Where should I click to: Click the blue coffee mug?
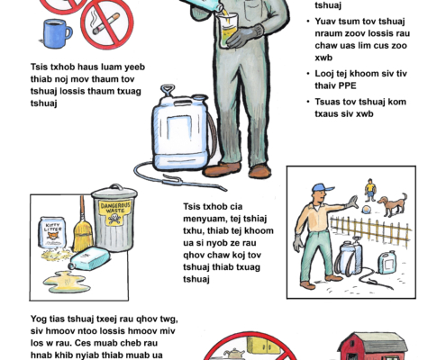click(x=56, y=33)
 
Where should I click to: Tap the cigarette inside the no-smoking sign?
click(x=106, y=23)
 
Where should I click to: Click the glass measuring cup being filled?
click(x=228, y=31)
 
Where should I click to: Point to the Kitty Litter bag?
click(x=52, y=232)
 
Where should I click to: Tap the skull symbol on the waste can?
click(x=114, y=219)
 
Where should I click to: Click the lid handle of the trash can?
click(x=114, y=186)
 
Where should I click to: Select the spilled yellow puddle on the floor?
click(x=67, y=282)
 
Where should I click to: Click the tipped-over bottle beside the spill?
click(x=89, y=259)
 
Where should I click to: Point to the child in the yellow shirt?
click(x=370, y=190)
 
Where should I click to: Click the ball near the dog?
click(x=366, y=210)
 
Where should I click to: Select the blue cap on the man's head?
click(x=322, y=188)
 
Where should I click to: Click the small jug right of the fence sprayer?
click(x=387, y=263)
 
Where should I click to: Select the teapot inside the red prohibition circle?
click(x=232, y=354)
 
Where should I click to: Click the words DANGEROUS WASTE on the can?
click(x=115, y=208)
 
